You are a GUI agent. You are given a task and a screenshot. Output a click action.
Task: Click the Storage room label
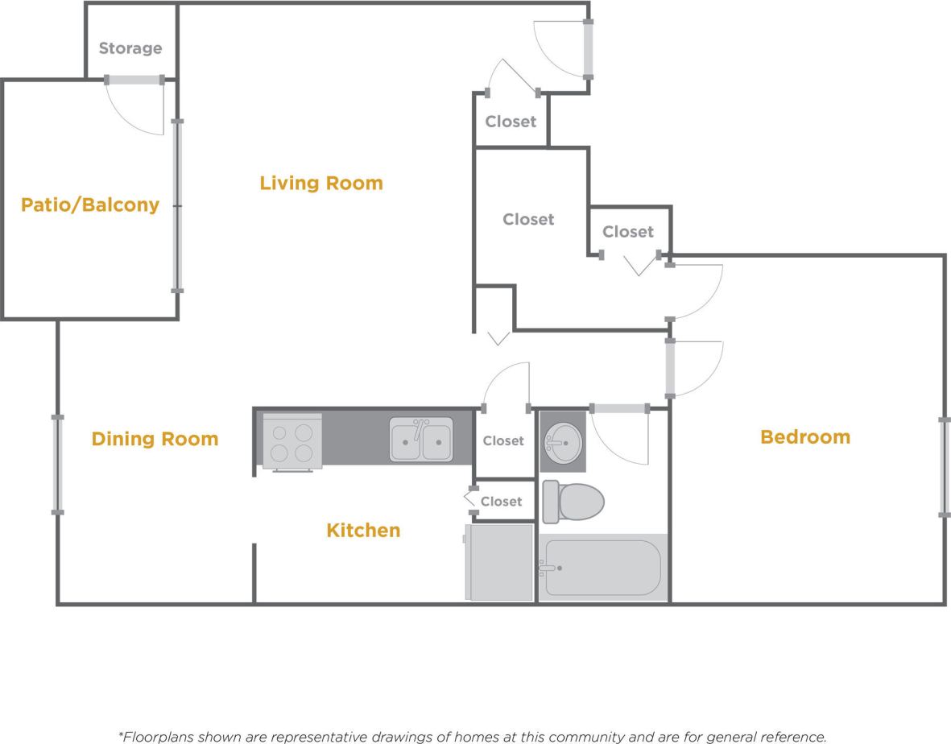coord(130,48)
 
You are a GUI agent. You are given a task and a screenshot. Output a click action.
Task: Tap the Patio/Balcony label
coord(89,205)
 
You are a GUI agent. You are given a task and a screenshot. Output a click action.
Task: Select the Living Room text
coord(320,184)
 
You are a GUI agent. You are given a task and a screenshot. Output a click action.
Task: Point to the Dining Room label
coord(155,439)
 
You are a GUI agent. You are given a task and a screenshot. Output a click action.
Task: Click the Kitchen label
coord(363,531)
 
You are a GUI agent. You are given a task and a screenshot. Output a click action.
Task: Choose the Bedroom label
coord(804,437)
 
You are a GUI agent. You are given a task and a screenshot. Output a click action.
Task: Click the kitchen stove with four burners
coord(292,441)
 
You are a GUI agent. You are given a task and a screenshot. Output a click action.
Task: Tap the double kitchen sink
coord(421,439)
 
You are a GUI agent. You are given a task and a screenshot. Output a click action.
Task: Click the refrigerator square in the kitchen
coord(499,562)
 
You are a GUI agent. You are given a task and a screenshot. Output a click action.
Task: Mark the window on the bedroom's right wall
coord(945,467)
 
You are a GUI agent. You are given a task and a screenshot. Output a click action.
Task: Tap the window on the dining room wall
coord(57,464)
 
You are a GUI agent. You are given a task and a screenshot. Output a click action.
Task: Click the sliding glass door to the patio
coord(177,206)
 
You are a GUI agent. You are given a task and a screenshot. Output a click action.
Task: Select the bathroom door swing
coord(620,435)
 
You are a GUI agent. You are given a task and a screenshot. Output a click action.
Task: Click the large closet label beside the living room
coord(528,219)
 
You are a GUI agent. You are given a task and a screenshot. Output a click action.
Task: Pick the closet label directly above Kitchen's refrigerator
coord(501,502)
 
